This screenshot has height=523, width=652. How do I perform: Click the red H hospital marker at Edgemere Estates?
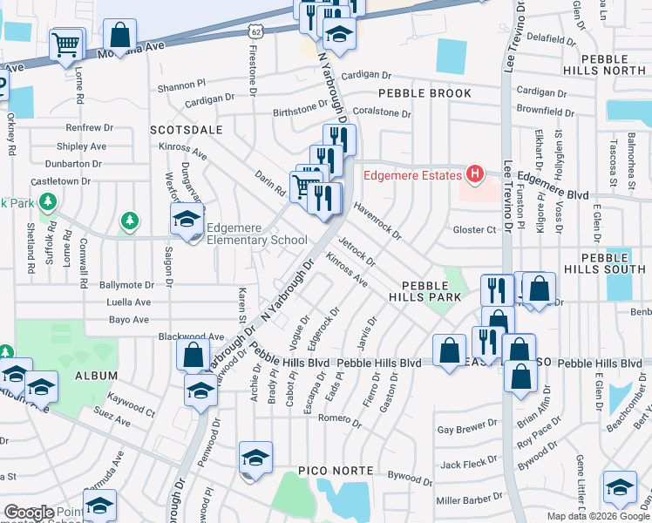point(474,175)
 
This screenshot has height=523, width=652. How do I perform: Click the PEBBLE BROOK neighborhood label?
point(424,93)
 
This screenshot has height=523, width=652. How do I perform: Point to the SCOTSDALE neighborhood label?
point(186,129)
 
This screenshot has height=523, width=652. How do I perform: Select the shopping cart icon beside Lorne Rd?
point(67,44)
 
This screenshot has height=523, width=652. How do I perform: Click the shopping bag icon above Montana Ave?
point(120,36)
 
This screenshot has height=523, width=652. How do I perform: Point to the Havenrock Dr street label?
point(377,221)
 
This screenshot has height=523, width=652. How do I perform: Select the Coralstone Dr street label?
point(381,113)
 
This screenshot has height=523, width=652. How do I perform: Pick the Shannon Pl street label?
point(180,87)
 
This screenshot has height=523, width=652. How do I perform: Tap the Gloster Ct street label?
point(474,229)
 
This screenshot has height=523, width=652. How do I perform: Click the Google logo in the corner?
point(28,513)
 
